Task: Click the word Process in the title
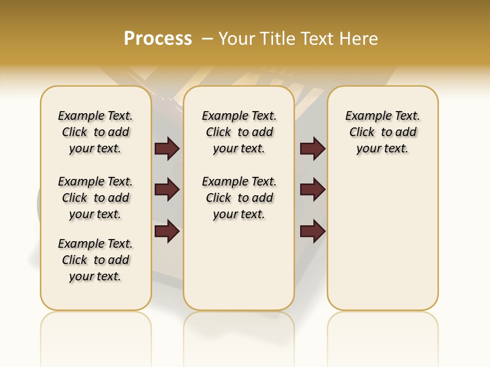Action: pyautogui.click(x=158, y=39)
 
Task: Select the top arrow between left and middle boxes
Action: pyautogui.click(x=167, y=149)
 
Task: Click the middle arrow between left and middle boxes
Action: pyautogui.click(x=167, y=190)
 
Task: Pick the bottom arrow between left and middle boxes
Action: pyautogui.click(x=167, y=231)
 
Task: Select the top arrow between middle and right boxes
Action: pyautogui.click(x=312, y=149)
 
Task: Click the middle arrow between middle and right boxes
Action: pyautogui.click(x=312, y=190)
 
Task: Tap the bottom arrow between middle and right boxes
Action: pyautogui.click(x=312, y=231)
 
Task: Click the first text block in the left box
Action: pyautogui.click(x=95, y=132)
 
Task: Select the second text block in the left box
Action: pyautogui.click(x=95, y=198)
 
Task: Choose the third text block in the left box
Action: pyautogui.click(x=95, y=260)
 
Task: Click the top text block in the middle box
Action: pyautogui.click(x=239, y=132)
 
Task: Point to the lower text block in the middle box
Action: pyautogui.click(x=239, y=198)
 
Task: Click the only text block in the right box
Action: pyautogui.click(x=383, y=132)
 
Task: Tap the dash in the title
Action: pyautogui.click(x=207, y=39)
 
